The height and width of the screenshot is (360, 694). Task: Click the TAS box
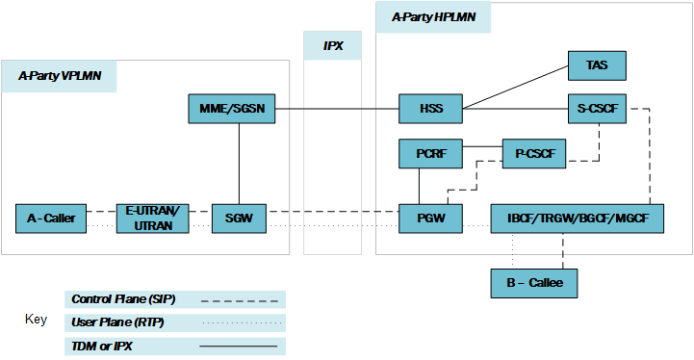[597, 65]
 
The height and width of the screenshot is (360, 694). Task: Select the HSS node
[431, 110]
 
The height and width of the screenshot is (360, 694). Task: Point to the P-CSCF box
[534, 153]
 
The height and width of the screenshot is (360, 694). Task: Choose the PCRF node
[431, 153]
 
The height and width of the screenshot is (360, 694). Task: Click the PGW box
[431, 219]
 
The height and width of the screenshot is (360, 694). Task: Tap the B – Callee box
[533, 283]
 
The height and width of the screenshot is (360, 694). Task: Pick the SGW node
[238, 219]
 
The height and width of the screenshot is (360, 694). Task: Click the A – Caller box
[52, 219]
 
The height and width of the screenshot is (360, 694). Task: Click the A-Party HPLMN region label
[433, 16]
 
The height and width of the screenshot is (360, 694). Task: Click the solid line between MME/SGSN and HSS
[338, 110]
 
